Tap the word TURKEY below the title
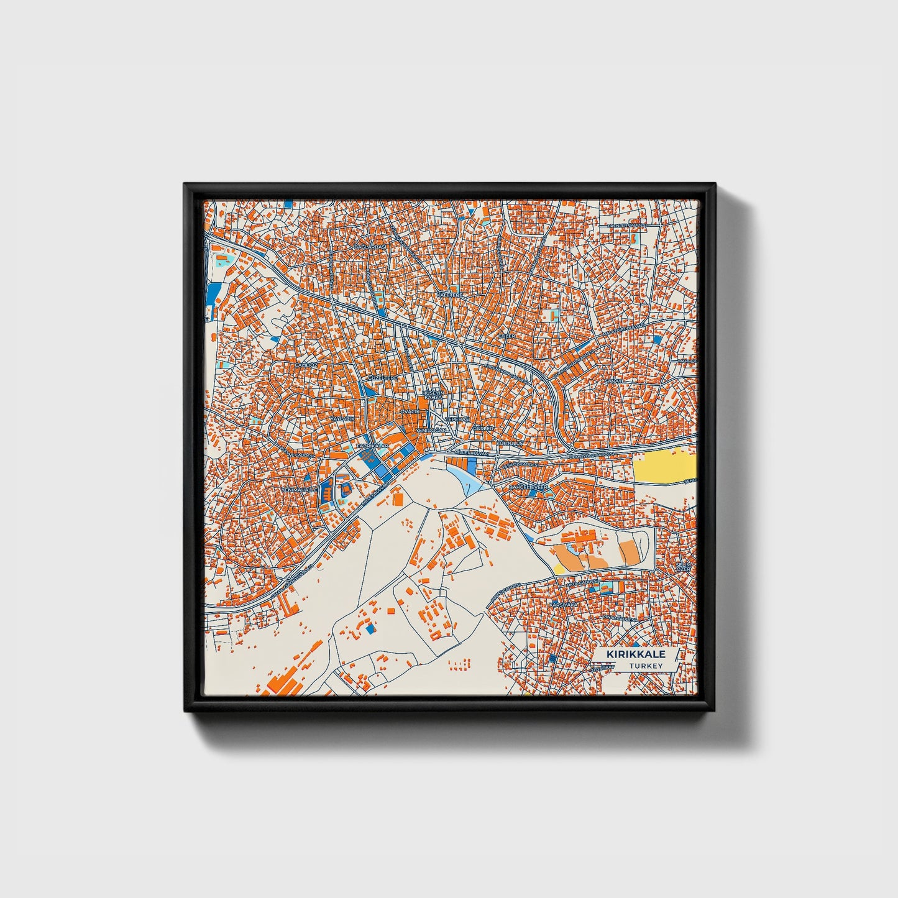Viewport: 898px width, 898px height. [646, 666]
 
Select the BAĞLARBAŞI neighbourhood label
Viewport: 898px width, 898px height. [370, 247]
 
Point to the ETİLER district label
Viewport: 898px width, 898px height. [507, 336]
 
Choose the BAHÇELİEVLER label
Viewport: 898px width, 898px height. [529, 487]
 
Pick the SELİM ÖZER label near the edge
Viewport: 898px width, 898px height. [684, 566]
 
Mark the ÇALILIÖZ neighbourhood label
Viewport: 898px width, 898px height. [306, 365]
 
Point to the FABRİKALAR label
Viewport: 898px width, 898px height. [373, 446]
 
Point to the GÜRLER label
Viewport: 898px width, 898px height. [483, 428]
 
